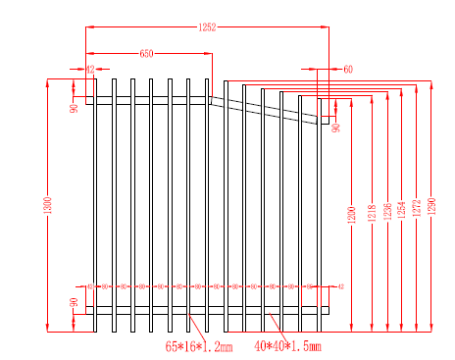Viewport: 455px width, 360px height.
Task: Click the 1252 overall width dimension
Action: (x=207, y=26)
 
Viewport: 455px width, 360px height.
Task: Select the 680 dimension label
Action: (x=146, y=53)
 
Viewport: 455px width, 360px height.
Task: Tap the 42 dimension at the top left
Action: (x=89, y=70)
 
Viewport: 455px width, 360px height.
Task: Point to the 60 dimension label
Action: (x=348, y=70)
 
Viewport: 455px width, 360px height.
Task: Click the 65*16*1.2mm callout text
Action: (x=199, y=346)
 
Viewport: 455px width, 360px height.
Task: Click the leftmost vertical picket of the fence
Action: (x=95, y=206)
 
